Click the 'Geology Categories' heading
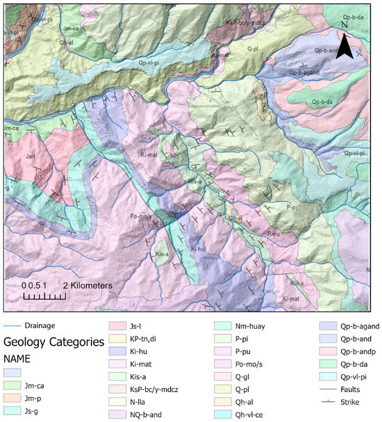tap(49, 341)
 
